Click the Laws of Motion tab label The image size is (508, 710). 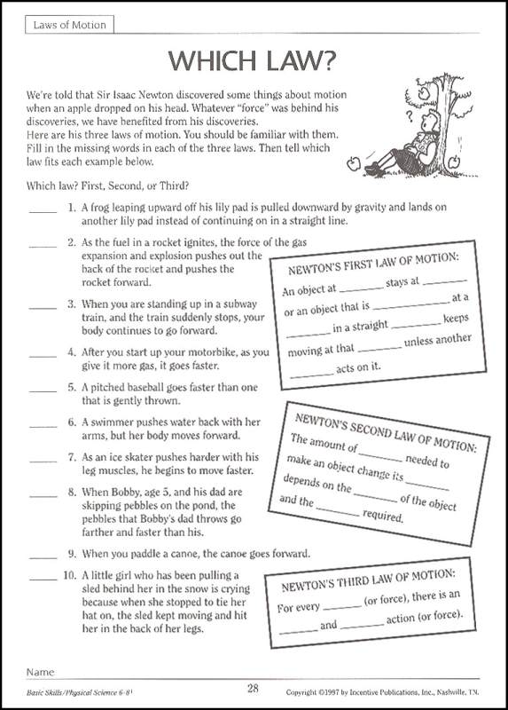coord(69,25)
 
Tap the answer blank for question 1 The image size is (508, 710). coord(42,211)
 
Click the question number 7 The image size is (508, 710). coord(71,457)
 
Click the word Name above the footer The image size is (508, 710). coord(41,672)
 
